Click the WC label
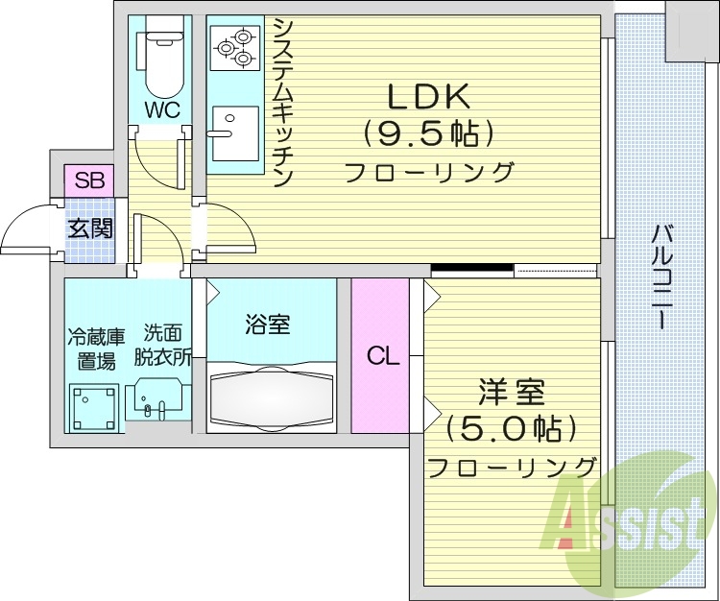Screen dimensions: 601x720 click(162, 109)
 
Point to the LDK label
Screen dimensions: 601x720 click(428, 97)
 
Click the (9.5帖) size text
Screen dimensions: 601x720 click(428, 134)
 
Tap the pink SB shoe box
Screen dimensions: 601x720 click(89, 179)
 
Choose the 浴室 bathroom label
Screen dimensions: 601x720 click(268, 325)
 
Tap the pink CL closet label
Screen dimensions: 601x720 click(381, 356)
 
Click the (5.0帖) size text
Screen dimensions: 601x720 click(512, 428)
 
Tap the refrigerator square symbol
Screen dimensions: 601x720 click(94, 407)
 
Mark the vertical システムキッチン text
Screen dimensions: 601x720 click(283, 102)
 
